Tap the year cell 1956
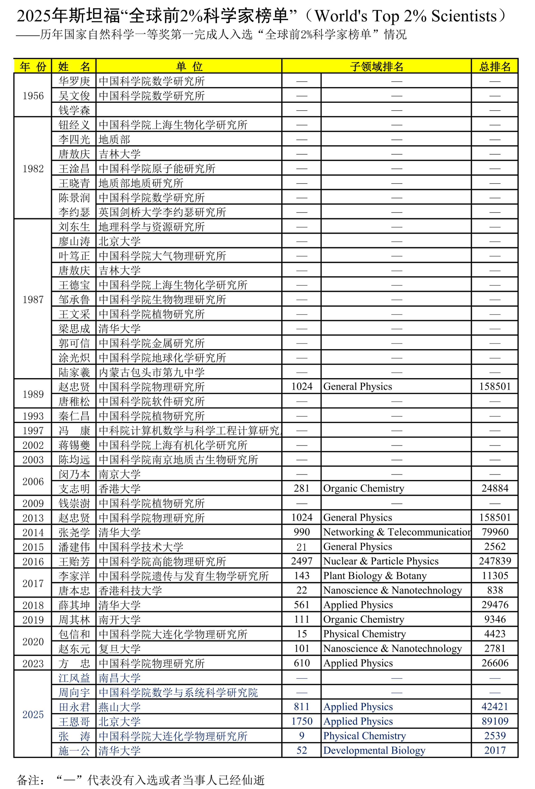click(33, 96)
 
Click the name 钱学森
click(74, 110)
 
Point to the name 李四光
click(74, 140)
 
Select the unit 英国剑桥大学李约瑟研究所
click(162, 212)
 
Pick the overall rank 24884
click(495, 489)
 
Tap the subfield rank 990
click(301, 532)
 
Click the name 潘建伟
click(74, 547)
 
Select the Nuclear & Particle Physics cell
click(381, 561)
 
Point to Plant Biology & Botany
click(375, 576)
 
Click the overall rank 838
click(495, 590)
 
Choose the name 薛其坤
click(74, 605)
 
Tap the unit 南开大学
click(119, 620)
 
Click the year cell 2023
click(33, 663)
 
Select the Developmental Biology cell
click(374, 751)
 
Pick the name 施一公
click(74, 751)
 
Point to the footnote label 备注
click(30, 780)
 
